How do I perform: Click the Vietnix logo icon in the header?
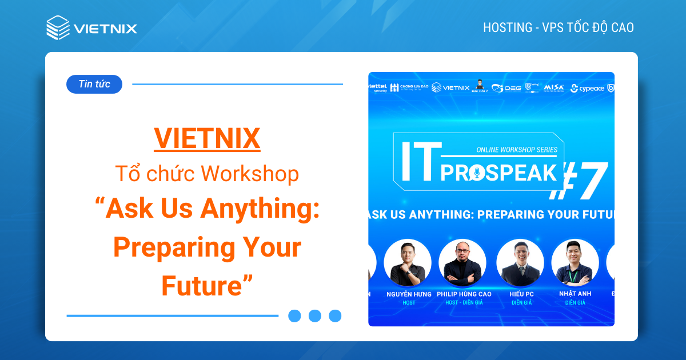(x=58, y=27)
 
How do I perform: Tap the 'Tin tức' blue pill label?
(x=94, y=84)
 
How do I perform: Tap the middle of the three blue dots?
(x=315, y=316)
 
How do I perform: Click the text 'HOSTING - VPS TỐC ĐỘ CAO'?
(x=558, y=27)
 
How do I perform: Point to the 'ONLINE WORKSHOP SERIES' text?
(x=516, y=150)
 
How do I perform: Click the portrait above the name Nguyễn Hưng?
(x=408, y=263)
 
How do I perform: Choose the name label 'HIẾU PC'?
(x=521, y=294)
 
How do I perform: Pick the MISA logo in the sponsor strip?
(x=553, y=87)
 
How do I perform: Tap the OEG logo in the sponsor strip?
(x=506, y=88)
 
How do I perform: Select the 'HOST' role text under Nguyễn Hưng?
(x=408, y=302)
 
